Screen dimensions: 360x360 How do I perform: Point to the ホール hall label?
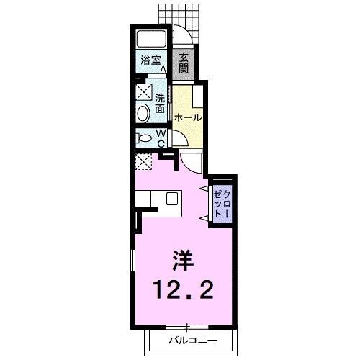coord(187,117)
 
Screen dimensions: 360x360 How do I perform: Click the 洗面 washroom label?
coord(161,103)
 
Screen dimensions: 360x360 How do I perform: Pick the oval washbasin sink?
coord(143,112)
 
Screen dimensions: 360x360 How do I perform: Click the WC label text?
coord(161,138)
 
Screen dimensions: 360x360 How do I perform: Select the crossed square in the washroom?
coord(143,91)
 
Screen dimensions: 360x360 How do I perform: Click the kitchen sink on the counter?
coord(172,199)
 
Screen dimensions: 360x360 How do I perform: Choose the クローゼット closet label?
coord(222,202)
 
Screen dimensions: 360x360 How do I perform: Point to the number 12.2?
coord(181,292)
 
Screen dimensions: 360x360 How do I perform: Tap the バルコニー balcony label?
coord(192,338)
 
